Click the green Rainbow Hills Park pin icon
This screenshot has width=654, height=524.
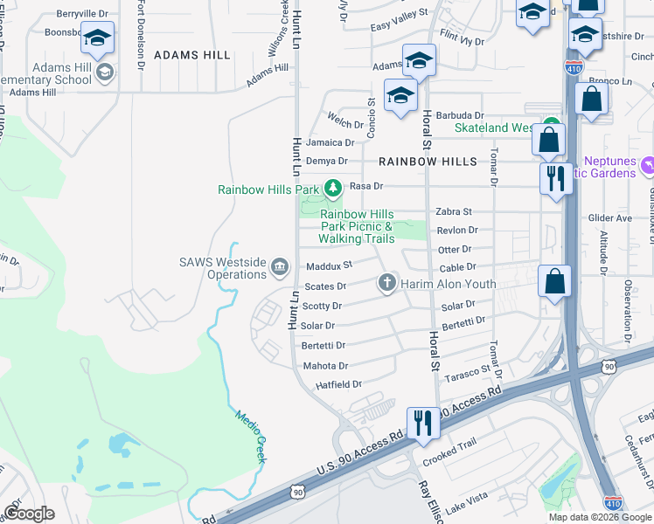tap(332, 188)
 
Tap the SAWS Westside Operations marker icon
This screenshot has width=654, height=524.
tap(280, 266)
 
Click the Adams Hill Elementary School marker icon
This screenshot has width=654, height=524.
tap(105, 72)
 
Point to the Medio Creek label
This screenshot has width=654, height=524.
tap(248, 429)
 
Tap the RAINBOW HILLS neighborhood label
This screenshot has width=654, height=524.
tap(428, 162)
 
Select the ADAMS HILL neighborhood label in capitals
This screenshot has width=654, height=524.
tap(192, 55)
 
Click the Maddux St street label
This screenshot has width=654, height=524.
tap(329, 265)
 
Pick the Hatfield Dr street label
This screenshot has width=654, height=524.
tap(339, 384)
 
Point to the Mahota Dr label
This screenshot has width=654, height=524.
tap(325, 366)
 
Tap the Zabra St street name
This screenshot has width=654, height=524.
tap(454, 211)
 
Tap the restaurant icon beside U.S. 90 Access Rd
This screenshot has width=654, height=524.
tap(423, 423)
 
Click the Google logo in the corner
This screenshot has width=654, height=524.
tap(29, 513)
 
